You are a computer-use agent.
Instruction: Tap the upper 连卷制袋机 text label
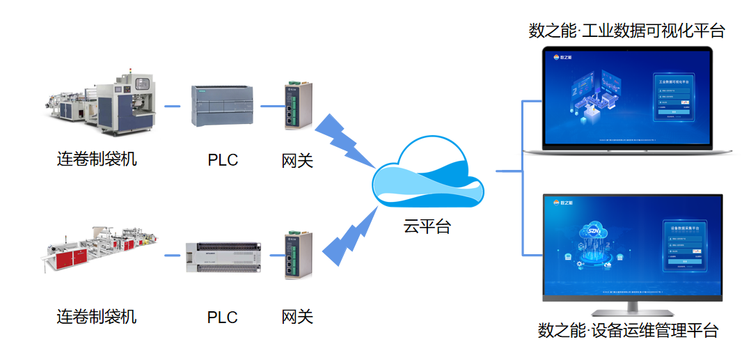[x=97, y=159]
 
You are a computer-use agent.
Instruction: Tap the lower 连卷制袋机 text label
[x=97, y=317]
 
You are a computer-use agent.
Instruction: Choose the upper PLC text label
[x=223, y=160]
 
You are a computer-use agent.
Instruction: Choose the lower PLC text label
[x=223, y=318]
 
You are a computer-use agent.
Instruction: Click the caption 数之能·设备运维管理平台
[x=628, y=330]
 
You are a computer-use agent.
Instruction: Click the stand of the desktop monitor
[x=632, y=308]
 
